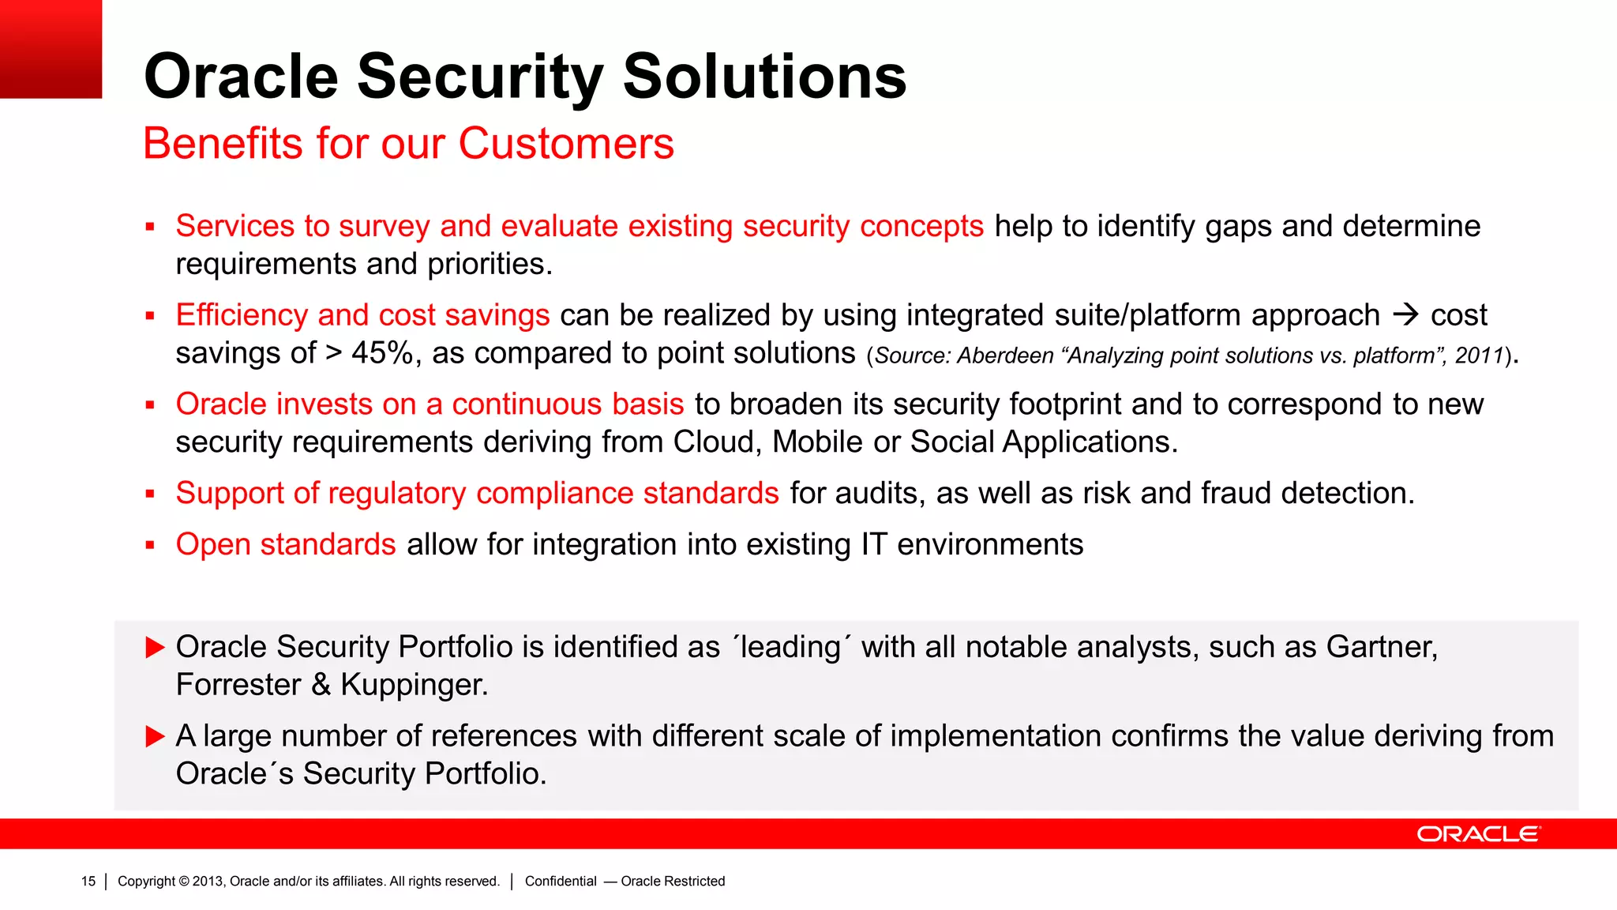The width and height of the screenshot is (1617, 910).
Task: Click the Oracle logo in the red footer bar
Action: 1478,834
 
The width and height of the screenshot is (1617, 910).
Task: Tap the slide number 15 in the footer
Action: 88,882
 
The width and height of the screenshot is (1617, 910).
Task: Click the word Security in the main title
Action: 480,77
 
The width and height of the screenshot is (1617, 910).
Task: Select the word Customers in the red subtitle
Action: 565,144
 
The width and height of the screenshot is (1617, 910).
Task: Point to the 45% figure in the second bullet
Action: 381,353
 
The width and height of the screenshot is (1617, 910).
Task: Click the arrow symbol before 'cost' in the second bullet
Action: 1405,315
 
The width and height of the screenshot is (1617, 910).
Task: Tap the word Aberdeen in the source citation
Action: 1005,356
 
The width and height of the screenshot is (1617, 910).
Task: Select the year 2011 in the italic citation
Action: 1480,356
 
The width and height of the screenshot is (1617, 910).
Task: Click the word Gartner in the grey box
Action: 1382,647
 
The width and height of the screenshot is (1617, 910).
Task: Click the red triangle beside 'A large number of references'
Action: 155,737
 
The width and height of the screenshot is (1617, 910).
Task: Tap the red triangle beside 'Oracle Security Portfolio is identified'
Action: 155,648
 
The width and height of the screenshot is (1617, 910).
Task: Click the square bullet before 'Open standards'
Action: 150,545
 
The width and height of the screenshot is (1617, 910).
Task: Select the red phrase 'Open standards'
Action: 286,545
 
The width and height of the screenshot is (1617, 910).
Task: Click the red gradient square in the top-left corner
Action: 51,49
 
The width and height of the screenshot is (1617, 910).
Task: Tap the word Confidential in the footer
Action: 561,882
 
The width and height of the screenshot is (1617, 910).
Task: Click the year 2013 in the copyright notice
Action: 208,882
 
